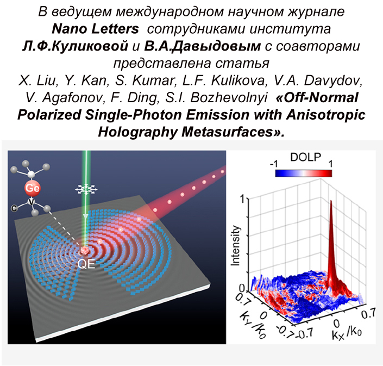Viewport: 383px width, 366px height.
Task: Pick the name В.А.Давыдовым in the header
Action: point(173,46)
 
